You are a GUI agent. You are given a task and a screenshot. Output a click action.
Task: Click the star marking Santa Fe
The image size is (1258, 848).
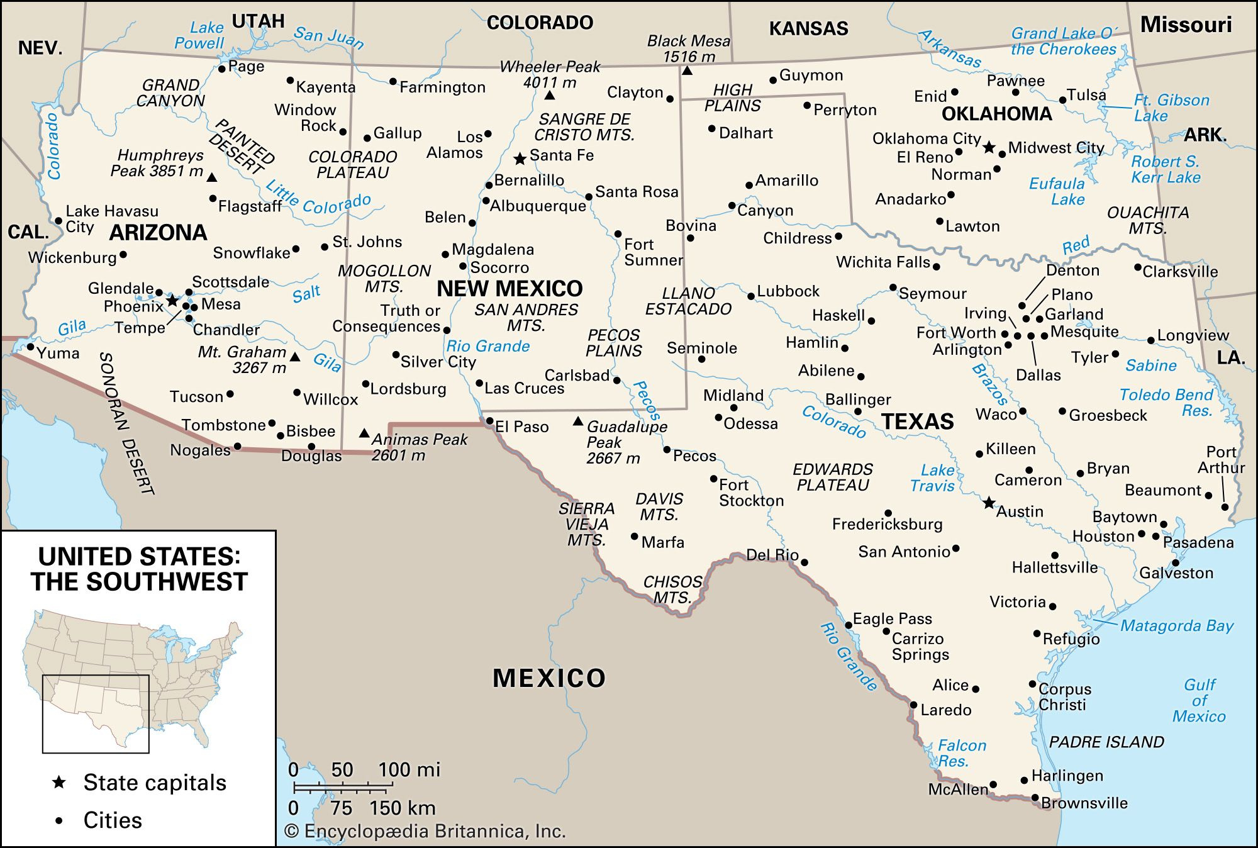pos(520,159)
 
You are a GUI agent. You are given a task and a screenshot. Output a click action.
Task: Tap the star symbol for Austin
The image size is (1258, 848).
pos(989,503)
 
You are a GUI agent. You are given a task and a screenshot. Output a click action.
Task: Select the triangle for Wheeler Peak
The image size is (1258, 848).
pos(550,96)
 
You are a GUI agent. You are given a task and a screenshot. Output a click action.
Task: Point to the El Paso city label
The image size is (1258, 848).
pos(521,427)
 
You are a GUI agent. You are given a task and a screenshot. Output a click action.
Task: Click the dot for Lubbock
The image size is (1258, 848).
pos(751,296)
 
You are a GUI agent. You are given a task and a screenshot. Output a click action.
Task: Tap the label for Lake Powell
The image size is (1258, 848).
pos(200,36)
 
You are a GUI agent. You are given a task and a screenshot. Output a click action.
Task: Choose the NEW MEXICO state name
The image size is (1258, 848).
pos(509,289)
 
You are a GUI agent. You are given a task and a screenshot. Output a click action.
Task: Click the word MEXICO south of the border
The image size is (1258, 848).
pos(548,678)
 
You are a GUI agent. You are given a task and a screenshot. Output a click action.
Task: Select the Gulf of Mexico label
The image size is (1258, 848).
pos(1199,700)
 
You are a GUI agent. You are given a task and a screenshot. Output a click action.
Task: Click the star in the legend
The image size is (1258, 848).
pos(59,782)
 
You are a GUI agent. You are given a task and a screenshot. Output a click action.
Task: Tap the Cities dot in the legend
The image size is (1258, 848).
pos(59,820)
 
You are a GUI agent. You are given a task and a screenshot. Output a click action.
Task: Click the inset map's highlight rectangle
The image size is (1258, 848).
pos(96,713)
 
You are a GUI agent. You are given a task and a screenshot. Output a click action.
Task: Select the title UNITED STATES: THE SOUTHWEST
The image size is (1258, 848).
pos(139,569)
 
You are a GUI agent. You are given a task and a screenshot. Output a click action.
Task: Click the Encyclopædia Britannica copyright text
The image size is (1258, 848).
pos(426,832)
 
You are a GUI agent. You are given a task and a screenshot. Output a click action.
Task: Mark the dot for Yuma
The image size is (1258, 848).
pos(30,347)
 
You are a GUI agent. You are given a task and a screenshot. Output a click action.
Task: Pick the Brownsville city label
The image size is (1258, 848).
pos(1084,803)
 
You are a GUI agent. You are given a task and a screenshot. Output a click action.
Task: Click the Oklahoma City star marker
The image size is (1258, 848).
pos(989,147)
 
